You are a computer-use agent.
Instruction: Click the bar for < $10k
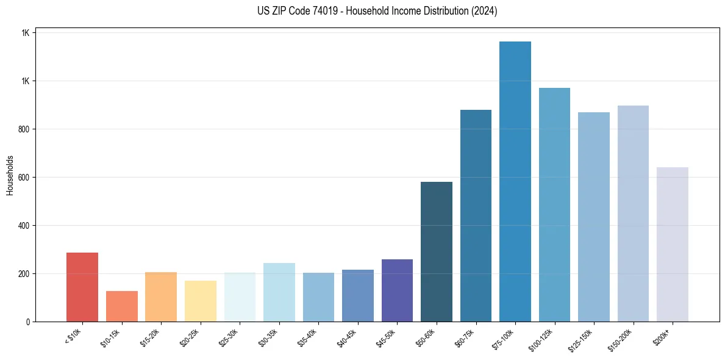pyautogui.click(x=82, y=287)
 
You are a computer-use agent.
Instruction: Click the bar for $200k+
pyautogui.click(x=672, y=244)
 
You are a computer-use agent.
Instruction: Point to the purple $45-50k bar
pyautogui.click(x=397, y=290)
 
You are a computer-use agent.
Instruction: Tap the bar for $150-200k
pyautogui.click(x=633, y=214)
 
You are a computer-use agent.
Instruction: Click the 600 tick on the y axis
pyautogui.click(x=24, y=178)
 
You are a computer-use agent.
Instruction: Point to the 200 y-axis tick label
pyautogui.click(x=24, y=274)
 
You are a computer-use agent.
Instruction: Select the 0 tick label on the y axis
pyautogui.click(x=27, y=322)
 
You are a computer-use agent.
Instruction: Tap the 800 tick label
pyautogui.click(x=24, y=129)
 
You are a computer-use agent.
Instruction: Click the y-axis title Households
pyautogui.click(x=10, y=175)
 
